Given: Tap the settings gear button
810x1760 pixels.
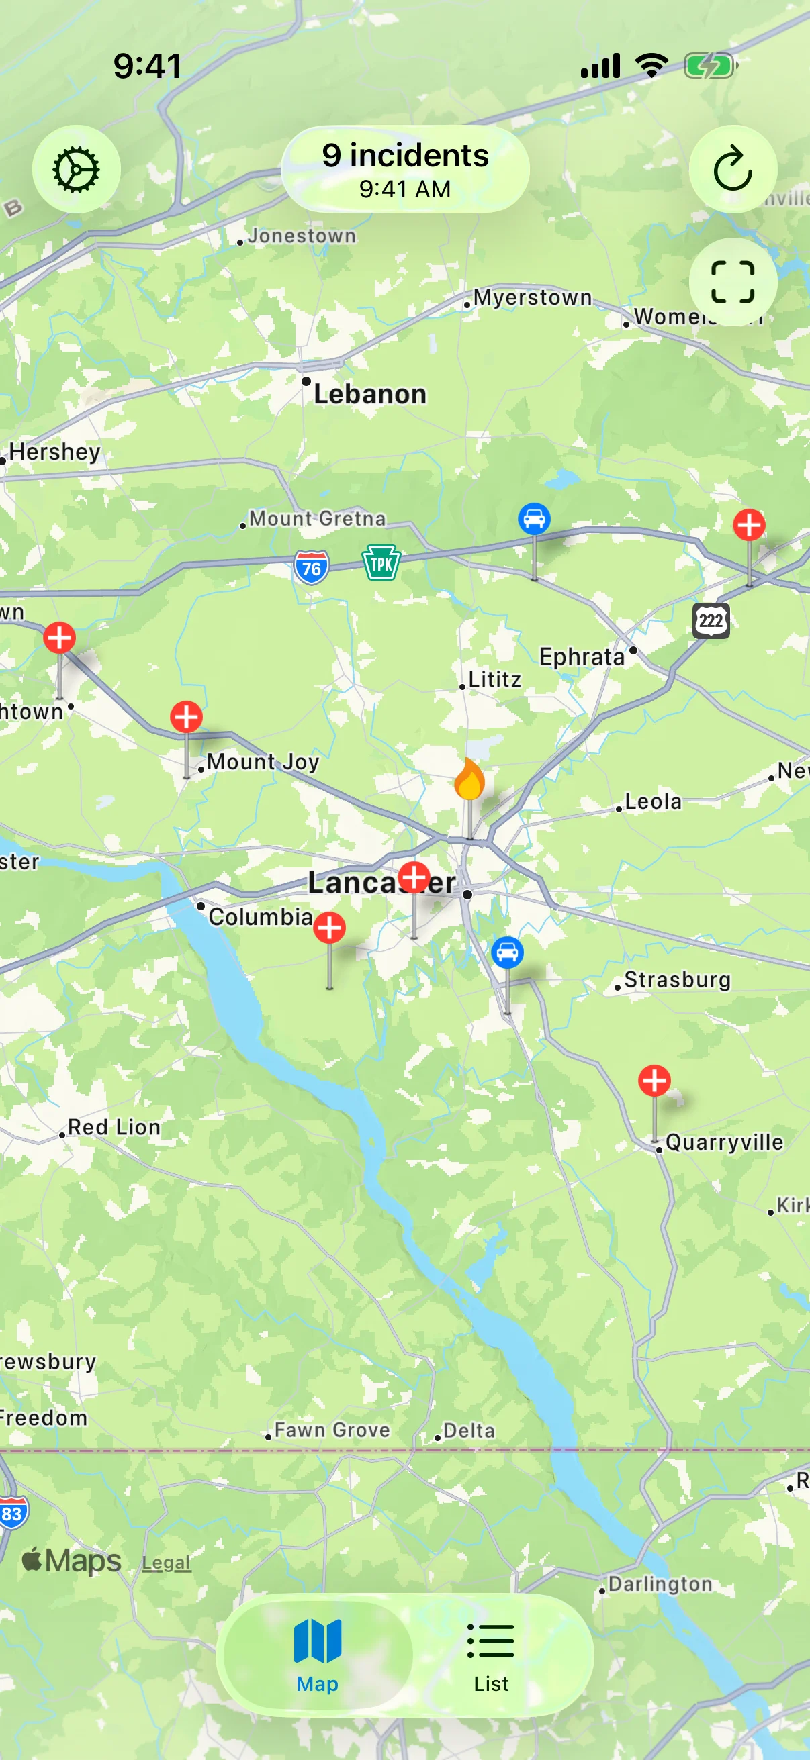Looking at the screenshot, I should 76,168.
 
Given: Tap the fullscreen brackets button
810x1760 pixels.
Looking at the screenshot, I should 732,281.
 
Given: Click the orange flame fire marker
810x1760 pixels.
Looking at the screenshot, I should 469,779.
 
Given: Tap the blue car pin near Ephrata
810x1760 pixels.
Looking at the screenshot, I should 534,519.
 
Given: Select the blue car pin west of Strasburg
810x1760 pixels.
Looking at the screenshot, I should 507,952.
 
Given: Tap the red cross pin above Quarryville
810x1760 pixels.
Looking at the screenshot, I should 654,1080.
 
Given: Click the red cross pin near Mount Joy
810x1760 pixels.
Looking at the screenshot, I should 186,717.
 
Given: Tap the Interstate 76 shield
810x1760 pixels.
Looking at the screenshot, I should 311,568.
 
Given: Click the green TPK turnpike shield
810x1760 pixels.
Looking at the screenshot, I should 381,564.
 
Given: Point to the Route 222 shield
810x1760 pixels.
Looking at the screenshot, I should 711,620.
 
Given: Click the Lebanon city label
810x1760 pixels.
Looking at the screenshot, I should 370,394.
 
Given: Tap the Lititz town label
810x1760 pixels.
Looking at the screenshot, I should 494,679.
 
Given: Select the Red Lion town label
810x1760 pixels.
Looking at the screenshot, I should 114,1126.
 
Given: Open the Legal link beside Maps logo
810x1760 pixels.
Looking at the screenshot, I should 166,1562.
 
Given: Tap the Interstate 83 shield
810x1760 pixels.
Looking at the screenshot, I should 11,1514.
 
